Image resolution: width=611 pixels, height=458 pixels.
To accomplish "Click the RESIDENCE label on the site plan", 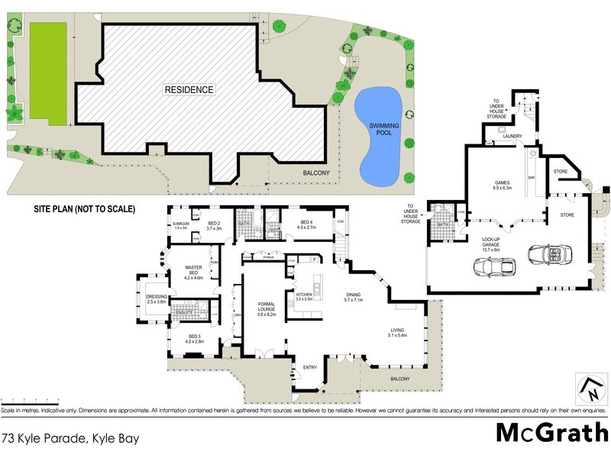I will pos(189,89).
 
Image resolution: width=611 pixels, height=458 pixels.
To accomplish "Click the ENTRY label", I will pos(309,368).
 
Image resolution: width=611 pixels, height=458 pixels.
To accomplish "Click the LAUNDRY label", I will pos(512,137).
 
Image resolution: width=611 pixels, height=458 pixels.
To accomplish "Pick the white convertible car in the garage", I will pos(550,256).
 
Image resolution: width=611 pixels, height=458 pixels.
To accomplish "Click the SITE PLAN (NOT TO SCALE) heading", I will pos(83,207).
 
